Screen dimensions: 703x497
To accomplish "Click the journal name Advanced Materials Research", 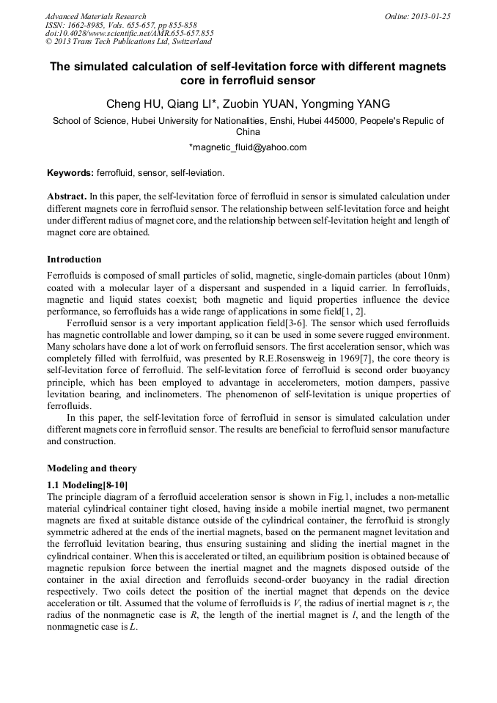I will click(95, 16).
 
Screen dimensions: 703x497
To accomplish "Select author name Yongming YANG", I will click(350, 103).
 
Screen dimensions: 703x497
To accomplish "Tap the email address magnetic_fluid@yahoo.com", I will click(248, 147).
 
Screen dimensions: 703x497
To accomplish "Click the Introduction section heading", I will click(74, 260).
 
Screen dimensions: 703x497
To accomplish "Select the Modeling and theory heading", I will click(92, 468).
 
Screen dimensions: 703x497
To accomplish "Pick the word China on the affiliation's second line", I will click(248, 133).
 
